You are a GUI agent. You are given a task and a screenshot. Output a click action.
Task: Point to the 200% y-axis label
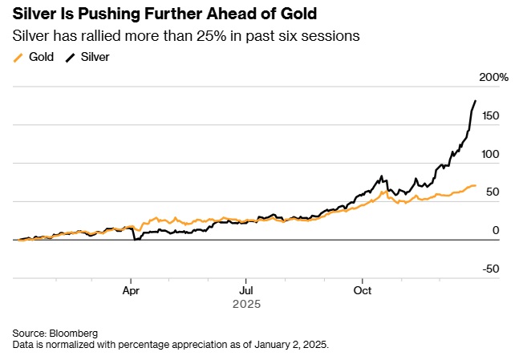[493, 77]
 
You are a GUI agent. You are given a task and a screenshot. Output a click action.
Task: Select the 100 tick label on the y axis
[489, 154]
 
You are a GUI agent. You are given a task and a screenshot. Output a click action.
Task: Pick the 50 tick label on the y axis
[492, 192]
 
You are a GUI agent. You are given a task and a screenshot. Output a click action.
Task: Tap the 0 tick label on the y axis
[496, 230]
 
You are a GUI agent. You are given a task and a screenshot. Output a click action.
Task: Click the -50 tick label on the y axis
[490, 269]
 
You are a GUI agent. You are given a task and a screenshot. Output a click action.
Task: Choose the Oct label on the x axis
[363, 290]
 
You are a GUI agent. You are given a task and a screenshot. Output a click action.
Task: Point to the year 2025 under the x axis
[246, 305]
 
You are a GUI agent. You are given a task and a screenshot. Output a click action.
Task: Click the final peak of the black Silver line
[476, 101]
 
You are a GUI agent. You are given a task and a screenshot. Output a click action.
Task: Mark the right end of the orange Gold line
[476, 185]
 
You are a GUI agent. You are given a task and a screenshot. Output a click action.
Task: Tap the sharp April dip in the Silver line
[136, 239]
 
